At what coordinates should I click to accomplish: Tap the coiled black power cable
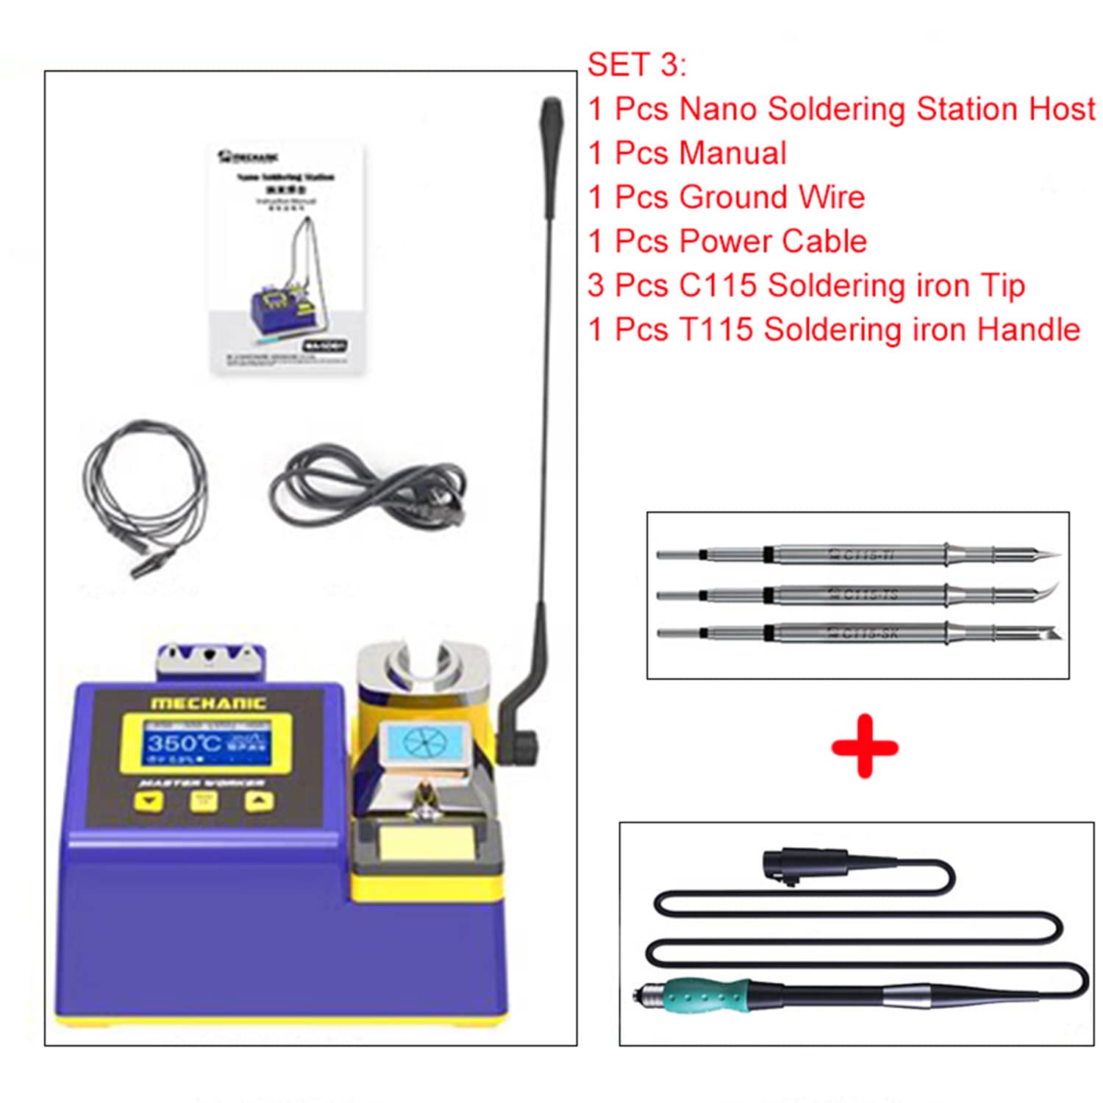coord(368,485)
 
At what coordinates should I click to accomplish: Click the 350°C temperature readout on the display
coord(183,742)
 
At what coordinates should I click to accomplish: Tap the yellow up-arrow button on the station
coord(258,801)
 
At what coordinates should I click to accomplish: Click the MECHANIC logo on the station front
coord(207,703)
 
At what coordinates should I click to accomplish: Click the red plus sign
coord(865,746)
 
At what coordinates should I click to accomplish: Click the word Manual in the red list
coord(732,154)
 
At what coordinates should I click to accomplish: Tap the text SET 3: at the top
coord(637,65)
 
